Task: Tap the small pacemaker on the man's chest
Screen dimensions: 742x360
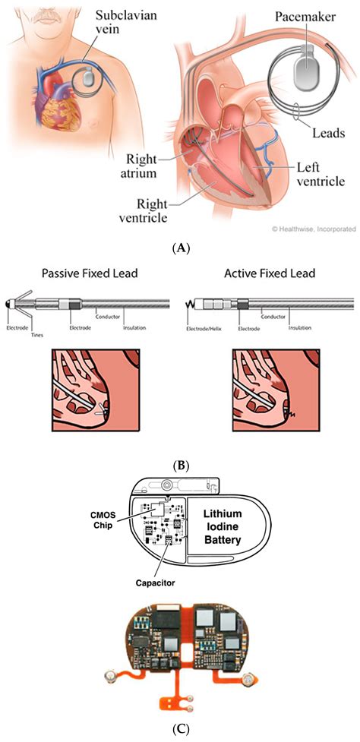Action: pos(88,77)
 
